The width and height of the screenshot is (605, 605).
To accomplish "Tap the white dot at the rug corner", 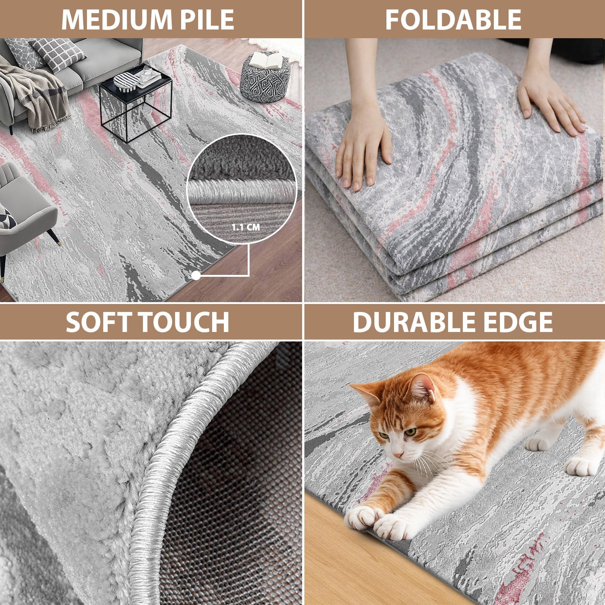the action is (196, 276).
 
